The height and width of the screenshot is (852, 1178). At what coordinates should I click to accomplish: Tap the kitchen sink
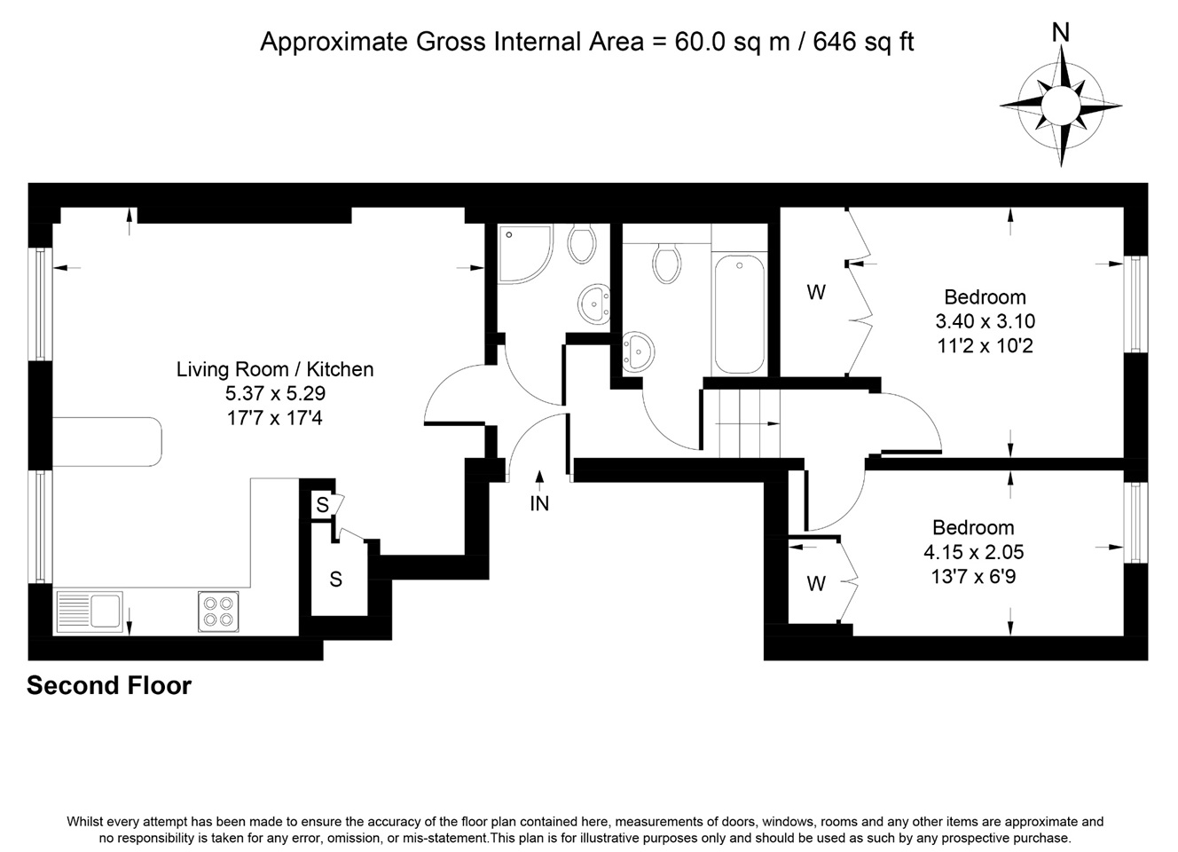89,611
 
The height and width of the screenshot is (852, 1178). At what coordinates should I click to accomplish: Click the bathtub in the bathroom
739,314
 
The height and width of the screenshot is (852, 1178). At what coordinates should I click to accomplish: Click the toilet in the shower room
581,242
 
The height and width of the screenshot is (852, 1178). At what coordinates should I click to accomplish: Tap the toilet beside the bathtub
666,263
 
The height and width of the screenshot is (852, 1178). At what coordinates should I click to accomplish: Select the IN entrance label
539,503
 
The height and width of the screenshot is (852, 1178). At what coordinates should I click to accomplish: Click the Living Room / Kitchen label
275,369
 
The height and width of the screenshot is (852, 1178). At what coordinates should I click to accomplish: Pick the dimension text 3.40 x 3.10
985,321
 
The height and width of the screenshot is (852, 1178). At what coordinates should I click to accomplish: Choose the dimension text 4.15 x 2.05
973,552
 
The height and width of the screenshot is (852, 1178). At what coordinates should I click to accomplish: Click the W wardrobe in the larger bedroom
816,292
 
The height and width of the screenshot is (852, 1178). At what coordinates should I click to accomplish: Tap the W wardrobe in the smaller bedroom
816,583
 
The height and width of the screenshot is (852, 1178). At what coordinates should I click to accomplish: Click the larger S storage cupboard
336,579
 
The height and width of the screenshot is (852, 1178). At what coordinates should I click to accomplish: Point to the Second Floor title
109,685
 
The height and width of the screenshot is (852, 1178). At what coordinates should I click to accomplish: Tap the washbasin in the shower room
593,303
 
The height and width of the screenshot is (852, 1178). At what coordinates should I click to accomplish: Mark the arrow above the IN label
539,479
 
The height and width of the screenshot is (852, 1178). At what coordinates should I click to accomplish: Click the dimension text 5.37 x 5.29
275,393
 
